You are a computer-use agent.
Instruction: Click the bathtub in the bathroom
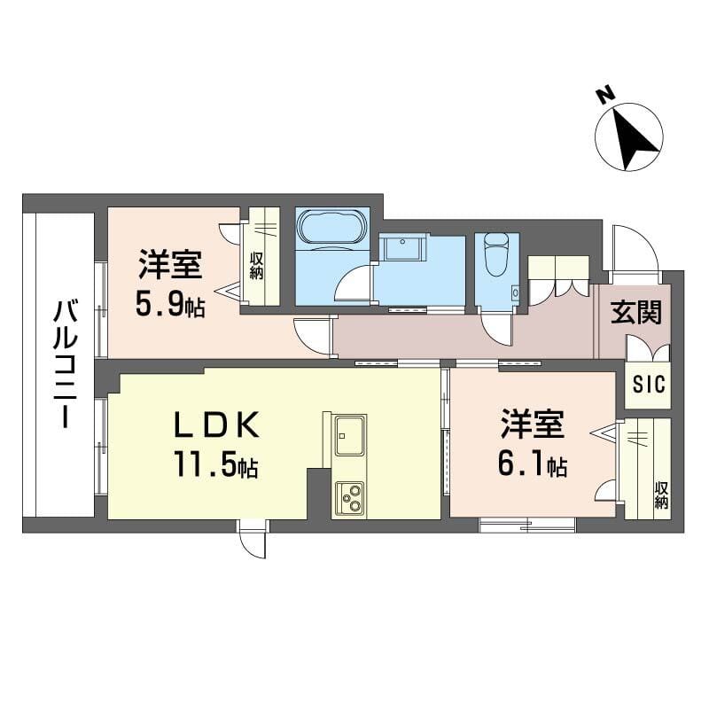[331, 230]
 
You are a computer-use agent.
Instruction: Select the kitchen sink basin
[349, 436]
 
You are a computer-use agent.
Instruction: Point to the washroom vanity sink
[402, 248]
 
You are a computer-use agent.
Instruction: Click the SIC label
[649, 385]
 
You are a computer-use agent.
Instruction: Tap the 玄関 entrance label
[635, 313]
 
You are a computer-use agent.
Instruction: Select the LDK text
[216, 425]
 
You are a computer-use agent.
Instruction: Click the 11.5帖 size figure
[215, 464]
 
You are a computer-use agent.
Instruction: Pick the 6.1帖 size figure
[533, 463]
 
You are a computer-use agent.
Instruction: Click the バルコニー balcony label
[64, 364]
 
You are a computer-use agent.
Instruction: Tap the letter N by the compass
[604, 96]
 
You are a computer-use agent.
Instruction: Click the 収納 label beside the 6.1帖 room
[661, 495]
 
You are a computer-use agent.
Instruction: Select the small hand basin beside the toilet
[515, 292]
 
